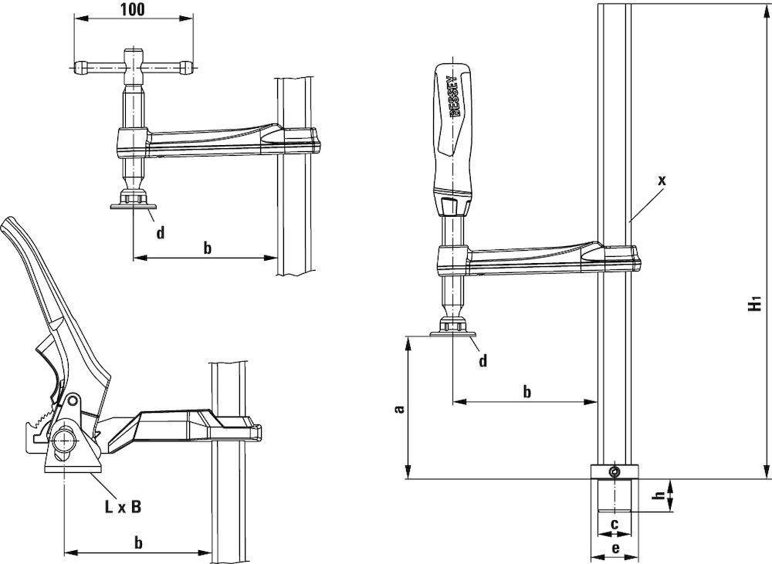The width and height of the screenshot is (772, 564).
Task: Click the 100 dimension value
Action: [x=133, y=8]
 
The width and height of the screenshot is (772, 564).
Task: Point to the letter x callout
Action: [x=662, y=181]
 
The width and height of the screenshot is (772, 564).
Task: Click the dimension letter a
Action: [x=400, y=409]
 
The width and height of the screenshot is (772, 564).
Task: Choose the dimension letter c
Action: [x=614, y=525]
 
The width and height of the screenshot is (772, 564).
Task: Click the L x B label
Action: [x=123, y=506]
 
